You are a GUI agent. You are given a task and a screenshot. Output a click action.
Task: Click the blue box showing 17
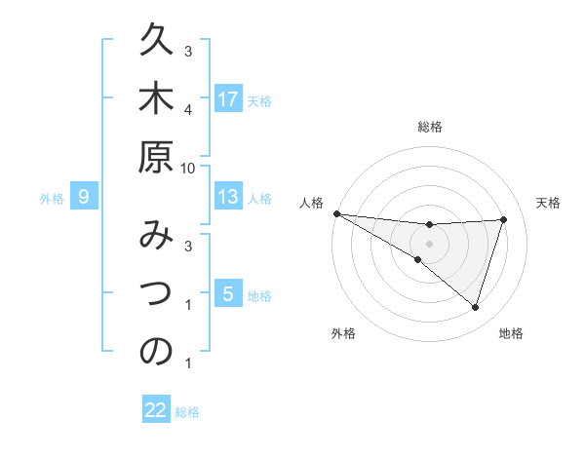228,99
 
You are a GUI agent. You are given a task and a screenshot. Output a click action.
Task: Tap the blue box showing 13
228,198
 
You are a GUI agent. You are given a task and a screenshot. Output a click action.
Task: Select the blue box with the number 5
228,294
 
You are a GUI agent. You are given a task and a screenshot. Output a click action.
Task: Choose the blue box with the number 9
84,198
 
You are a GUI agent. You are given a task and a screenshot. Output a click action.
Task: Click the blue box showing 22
156,410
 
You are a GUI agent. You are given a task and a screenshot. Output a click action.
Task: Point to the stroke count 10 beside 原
188,168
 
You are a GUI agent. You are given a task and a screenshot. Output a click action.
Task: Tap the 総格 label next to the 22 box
187,412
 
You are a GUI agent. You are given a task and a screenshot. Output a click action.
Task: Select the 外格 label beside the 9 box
52,199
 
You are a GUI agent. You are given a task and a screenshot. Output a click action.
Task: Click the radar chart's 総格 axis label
430,127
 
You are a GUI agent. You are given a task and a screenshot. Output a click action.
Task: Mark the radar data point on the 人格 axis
336,213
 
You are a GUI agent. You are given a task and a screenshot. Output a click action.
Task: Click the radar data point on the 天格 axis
503,219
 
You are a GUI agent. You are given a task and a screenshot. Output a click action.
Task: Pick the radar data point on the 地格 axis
475,307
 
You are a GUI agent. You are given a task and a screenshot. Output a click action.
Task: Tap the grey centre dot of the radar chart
430,244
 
